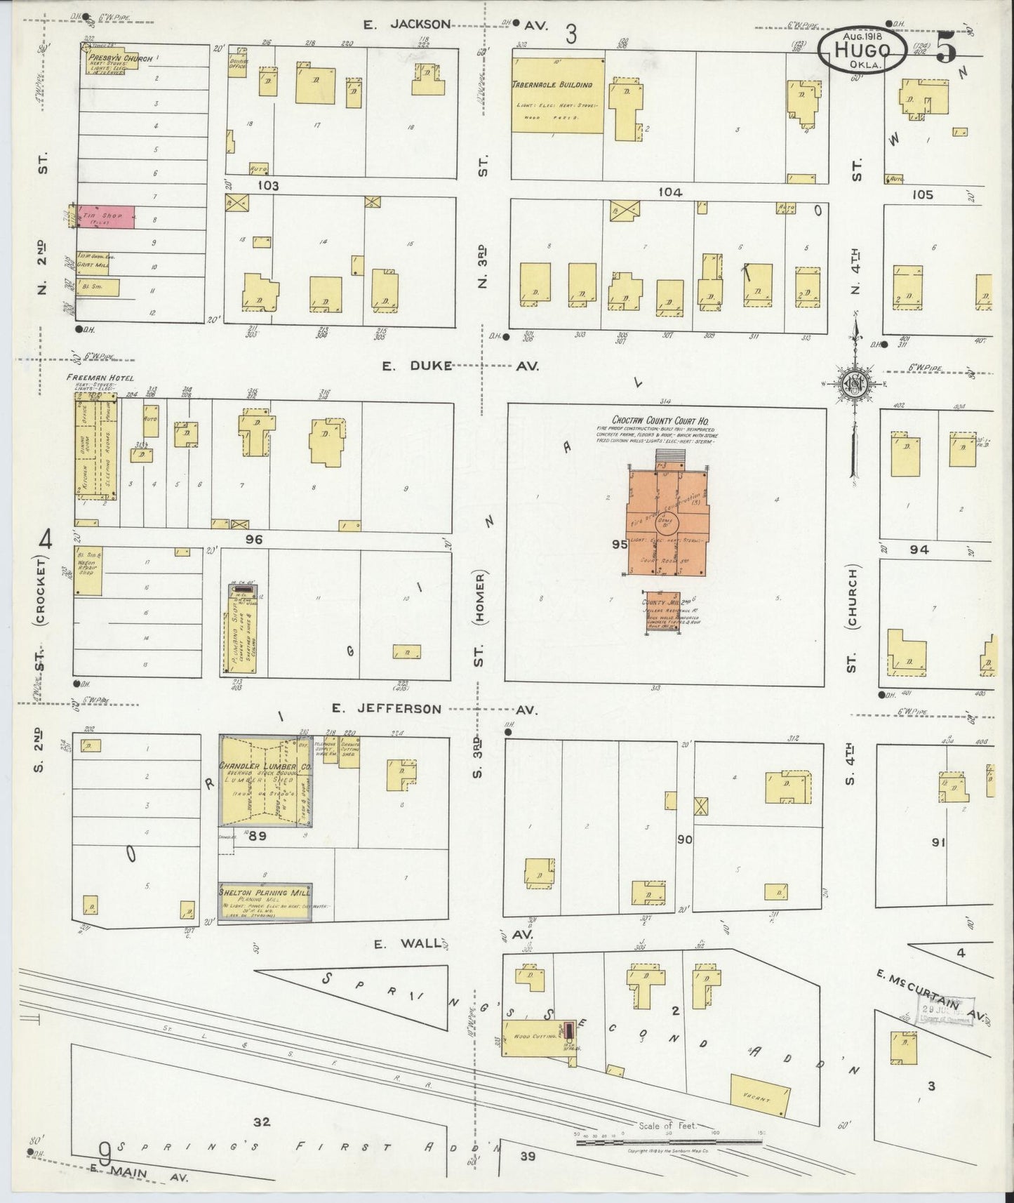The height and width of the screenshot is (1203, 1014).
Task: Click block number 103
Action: coord(267,186)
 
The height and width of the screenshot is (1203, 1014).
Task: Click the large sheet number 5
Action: coord(945,49)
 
